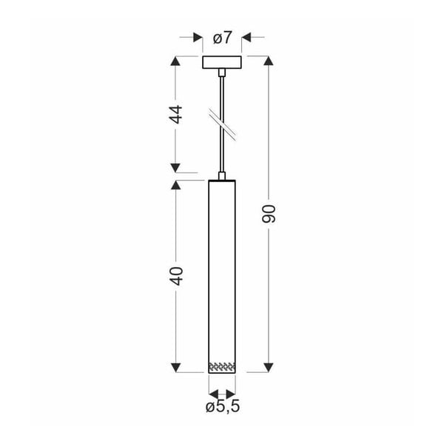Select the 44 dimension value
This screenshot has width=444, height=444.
pos(176,115)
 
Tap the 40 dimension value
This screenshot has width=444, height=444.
pos(176,275)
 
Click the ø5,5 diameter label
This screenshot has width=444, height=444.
pos(222,406)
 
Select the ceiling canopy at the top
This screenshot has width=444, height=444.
pos(222,62)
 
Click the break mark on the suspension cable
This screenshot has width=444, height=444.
pos(222,122)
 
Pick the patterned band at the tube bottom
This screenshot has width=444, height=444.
pos(222,366)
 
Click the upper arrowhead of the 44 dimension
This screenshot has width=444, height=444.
pos(176,61)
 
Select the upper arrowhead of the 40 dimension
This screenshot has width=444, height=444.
pos(176,185)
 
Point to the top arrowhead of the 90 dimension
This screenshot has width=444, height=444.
pos(269,61)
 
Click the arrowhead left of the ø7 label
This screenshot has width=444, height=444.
pos(197,37)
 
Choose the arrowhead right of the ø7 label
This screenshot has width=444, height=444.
pos(247,37)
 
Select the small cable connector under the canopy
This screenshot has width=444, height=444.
pos(222,72)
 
